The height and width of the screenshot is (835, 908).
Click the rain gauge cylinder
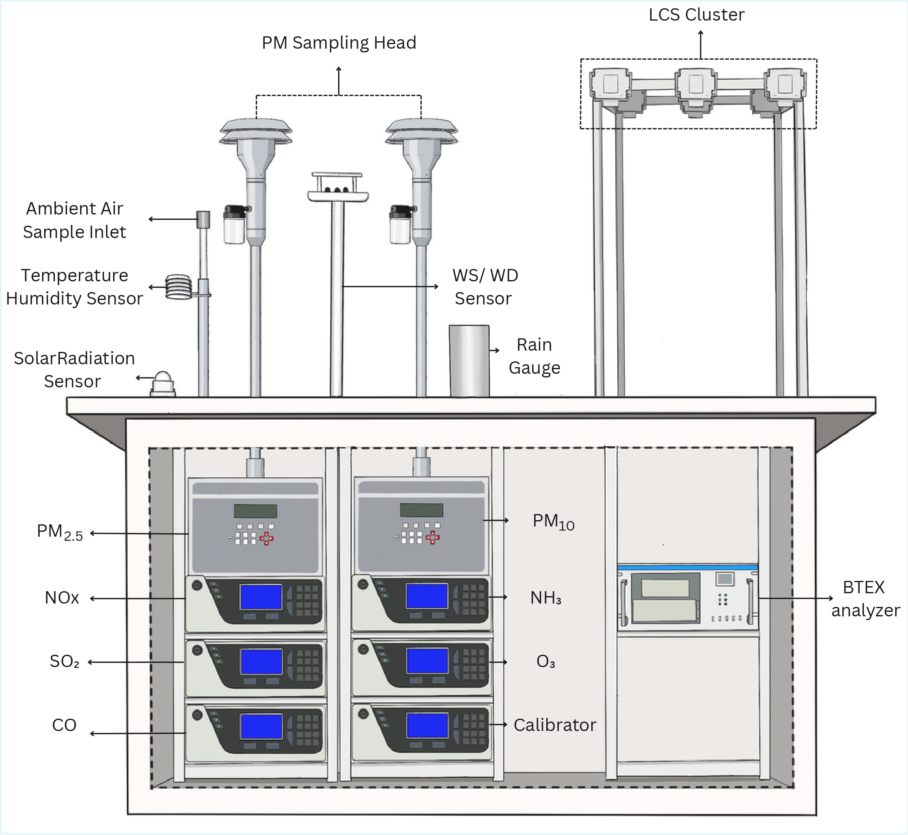[469, 360]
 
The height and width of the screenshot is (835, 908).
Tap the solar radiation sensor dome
[163, 380]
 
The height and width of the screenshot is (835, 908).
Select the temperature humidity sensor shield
[179, 287]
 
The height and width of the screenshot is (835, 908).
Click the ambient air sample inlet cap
[204, 219]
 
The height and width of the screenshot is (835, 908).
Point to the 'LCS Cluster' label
[696, 15]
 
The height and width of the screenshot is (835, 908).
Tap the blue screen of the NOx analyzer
[261, 597]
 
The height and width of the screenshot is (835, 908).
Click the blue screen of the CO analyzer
[261, 726]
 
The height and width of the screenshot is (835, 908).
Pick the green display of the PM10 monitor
[422, 510]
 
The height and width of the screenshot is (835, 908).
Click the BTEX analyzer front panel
[688, 597]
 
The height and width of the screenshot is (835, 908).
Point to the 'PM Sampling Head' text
[339, 43]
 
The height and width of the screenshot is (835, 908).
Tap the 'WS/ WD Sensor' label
[485, 287]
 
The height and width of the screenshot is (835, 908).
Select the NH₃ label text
[546, 598]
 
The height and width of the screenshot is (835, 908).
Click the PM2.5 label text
[60, 532]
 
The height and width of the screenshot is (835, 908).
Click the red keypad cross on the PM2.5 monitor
[266, 538]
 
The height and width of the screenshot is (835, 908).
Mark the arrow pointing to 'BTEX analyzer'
[796, 598]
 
